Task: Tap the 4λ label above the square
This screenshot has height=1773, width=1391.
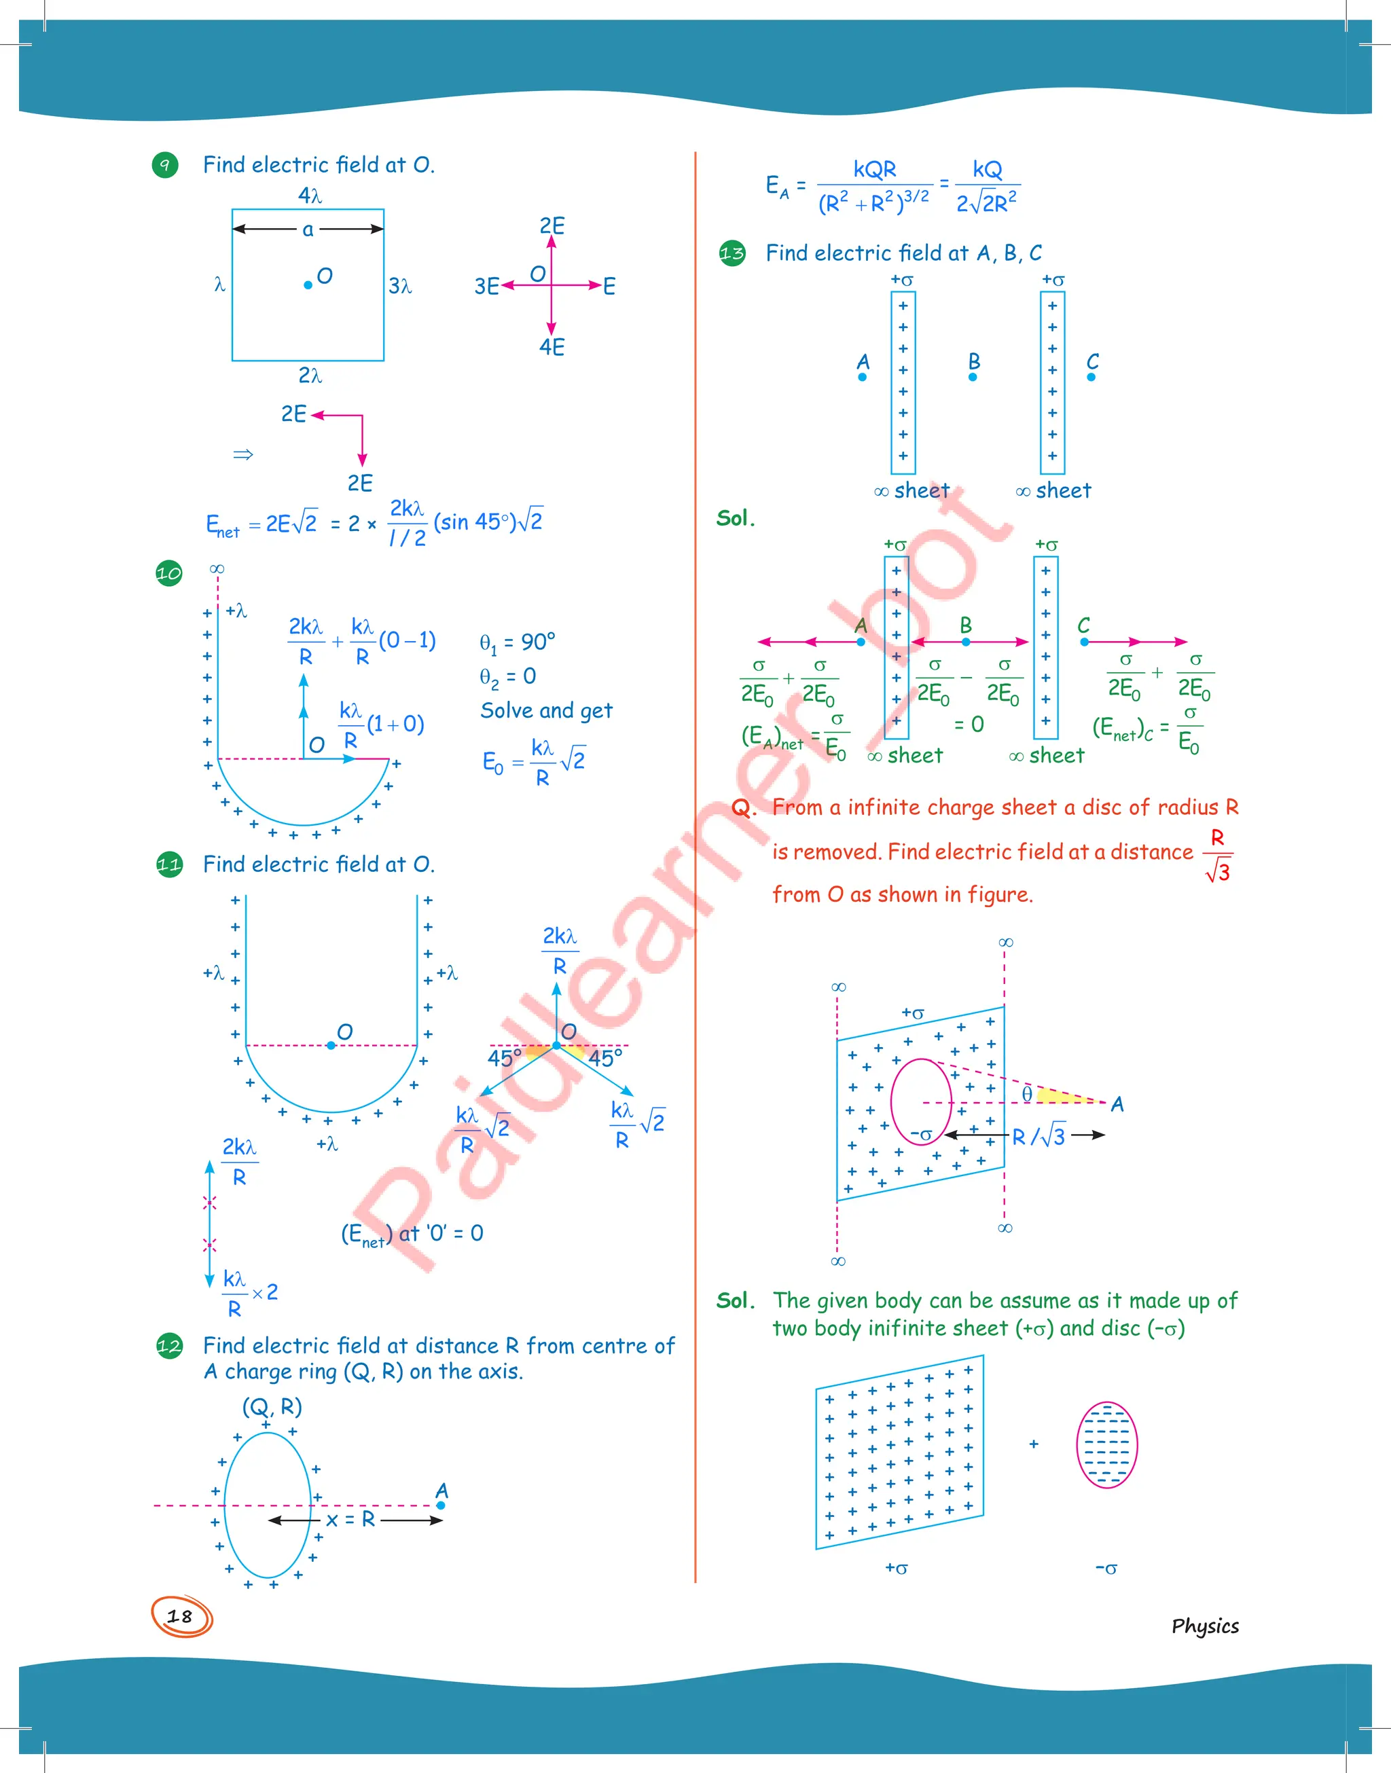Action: click(310, 196)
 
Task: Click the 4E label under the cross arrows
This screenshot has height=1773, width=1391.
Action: click(552, 348)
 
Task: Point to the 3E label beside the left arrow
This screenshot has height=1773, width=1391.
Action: click(486, 287)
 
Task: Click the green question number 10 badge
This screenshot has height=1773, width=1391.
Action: click(168, 573)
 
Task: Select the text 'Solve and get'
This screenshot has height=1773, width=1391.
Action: click(545, 711)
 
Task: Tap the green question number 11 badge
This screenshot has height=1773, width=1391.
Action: click(168, 864)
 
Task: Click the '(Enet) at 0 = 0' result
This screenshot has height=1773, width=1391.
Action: click(412, 1234)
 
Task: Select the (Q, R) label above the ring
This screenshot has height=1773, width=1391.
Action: click(272, 1407)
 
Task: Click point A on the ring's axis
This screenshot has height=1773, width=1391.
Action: click(441, 1505)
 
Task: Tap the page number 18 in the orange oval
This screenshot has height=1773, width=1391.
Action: click(180, 1617)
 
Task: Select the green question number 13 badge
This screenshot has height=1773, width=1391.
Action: click(732, 254)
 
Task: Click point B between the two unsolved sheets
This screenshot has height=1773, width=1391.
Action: click(973, 377)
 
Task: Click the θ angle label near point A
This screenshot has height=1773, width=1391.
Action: click(1027, 1094)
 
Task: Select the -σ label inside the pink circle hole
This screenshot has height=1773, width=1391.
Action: click(921, 1134)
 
